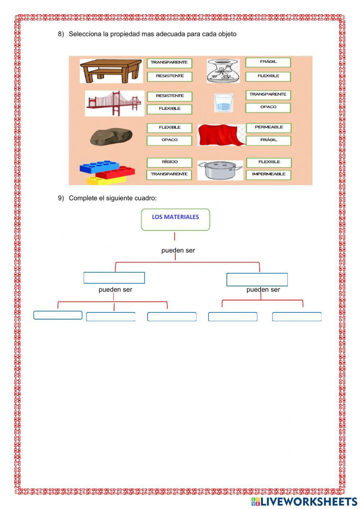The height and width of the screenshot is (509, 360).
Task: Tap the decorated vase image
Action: tap(223, 71)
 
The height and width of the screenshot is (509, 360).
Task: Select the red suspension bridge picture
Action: tap(114, 103)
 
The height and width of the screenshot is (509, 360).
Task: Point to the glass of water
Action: tap(223, 103)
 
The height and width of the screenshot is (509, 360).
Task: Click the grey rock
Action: tap(111, 137)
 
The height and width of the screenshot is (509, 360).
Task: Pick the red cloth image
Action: tap(221, 135)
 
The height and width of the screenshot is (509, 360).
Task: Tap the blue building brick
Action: tap(99, 167)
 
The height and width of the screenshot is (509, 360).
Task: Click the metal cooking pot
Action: tap(220, 170)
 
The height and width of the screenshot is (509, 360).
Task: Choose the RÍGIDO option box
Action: tap(169, 162)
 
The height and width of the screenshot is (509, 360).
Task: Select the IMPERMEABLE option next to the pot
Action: tap(269, 174)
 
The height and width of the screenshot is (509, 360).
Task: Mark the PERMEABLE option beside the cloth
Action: tap(269, 128)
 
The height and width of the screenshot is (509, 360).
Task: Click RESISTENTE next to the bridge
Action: tap(169, 96)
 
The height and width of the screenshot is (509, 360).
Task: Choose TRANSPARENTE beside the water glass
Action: tap(268, 94)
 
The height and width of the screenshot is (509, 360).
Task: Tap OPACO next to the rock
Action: tap(169, 140)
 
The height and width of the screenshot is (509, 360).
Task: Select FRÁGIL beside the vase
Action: tap(268, 62)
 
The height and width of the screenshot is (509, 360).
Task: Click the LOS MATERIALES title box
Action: tap(175, 219)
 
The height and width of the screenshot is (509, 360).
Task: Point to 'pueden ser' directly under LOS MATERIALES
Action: tap(178, 250)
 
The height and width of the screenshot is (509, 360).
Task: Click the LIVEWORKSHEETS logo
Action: tap(304, 501)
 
